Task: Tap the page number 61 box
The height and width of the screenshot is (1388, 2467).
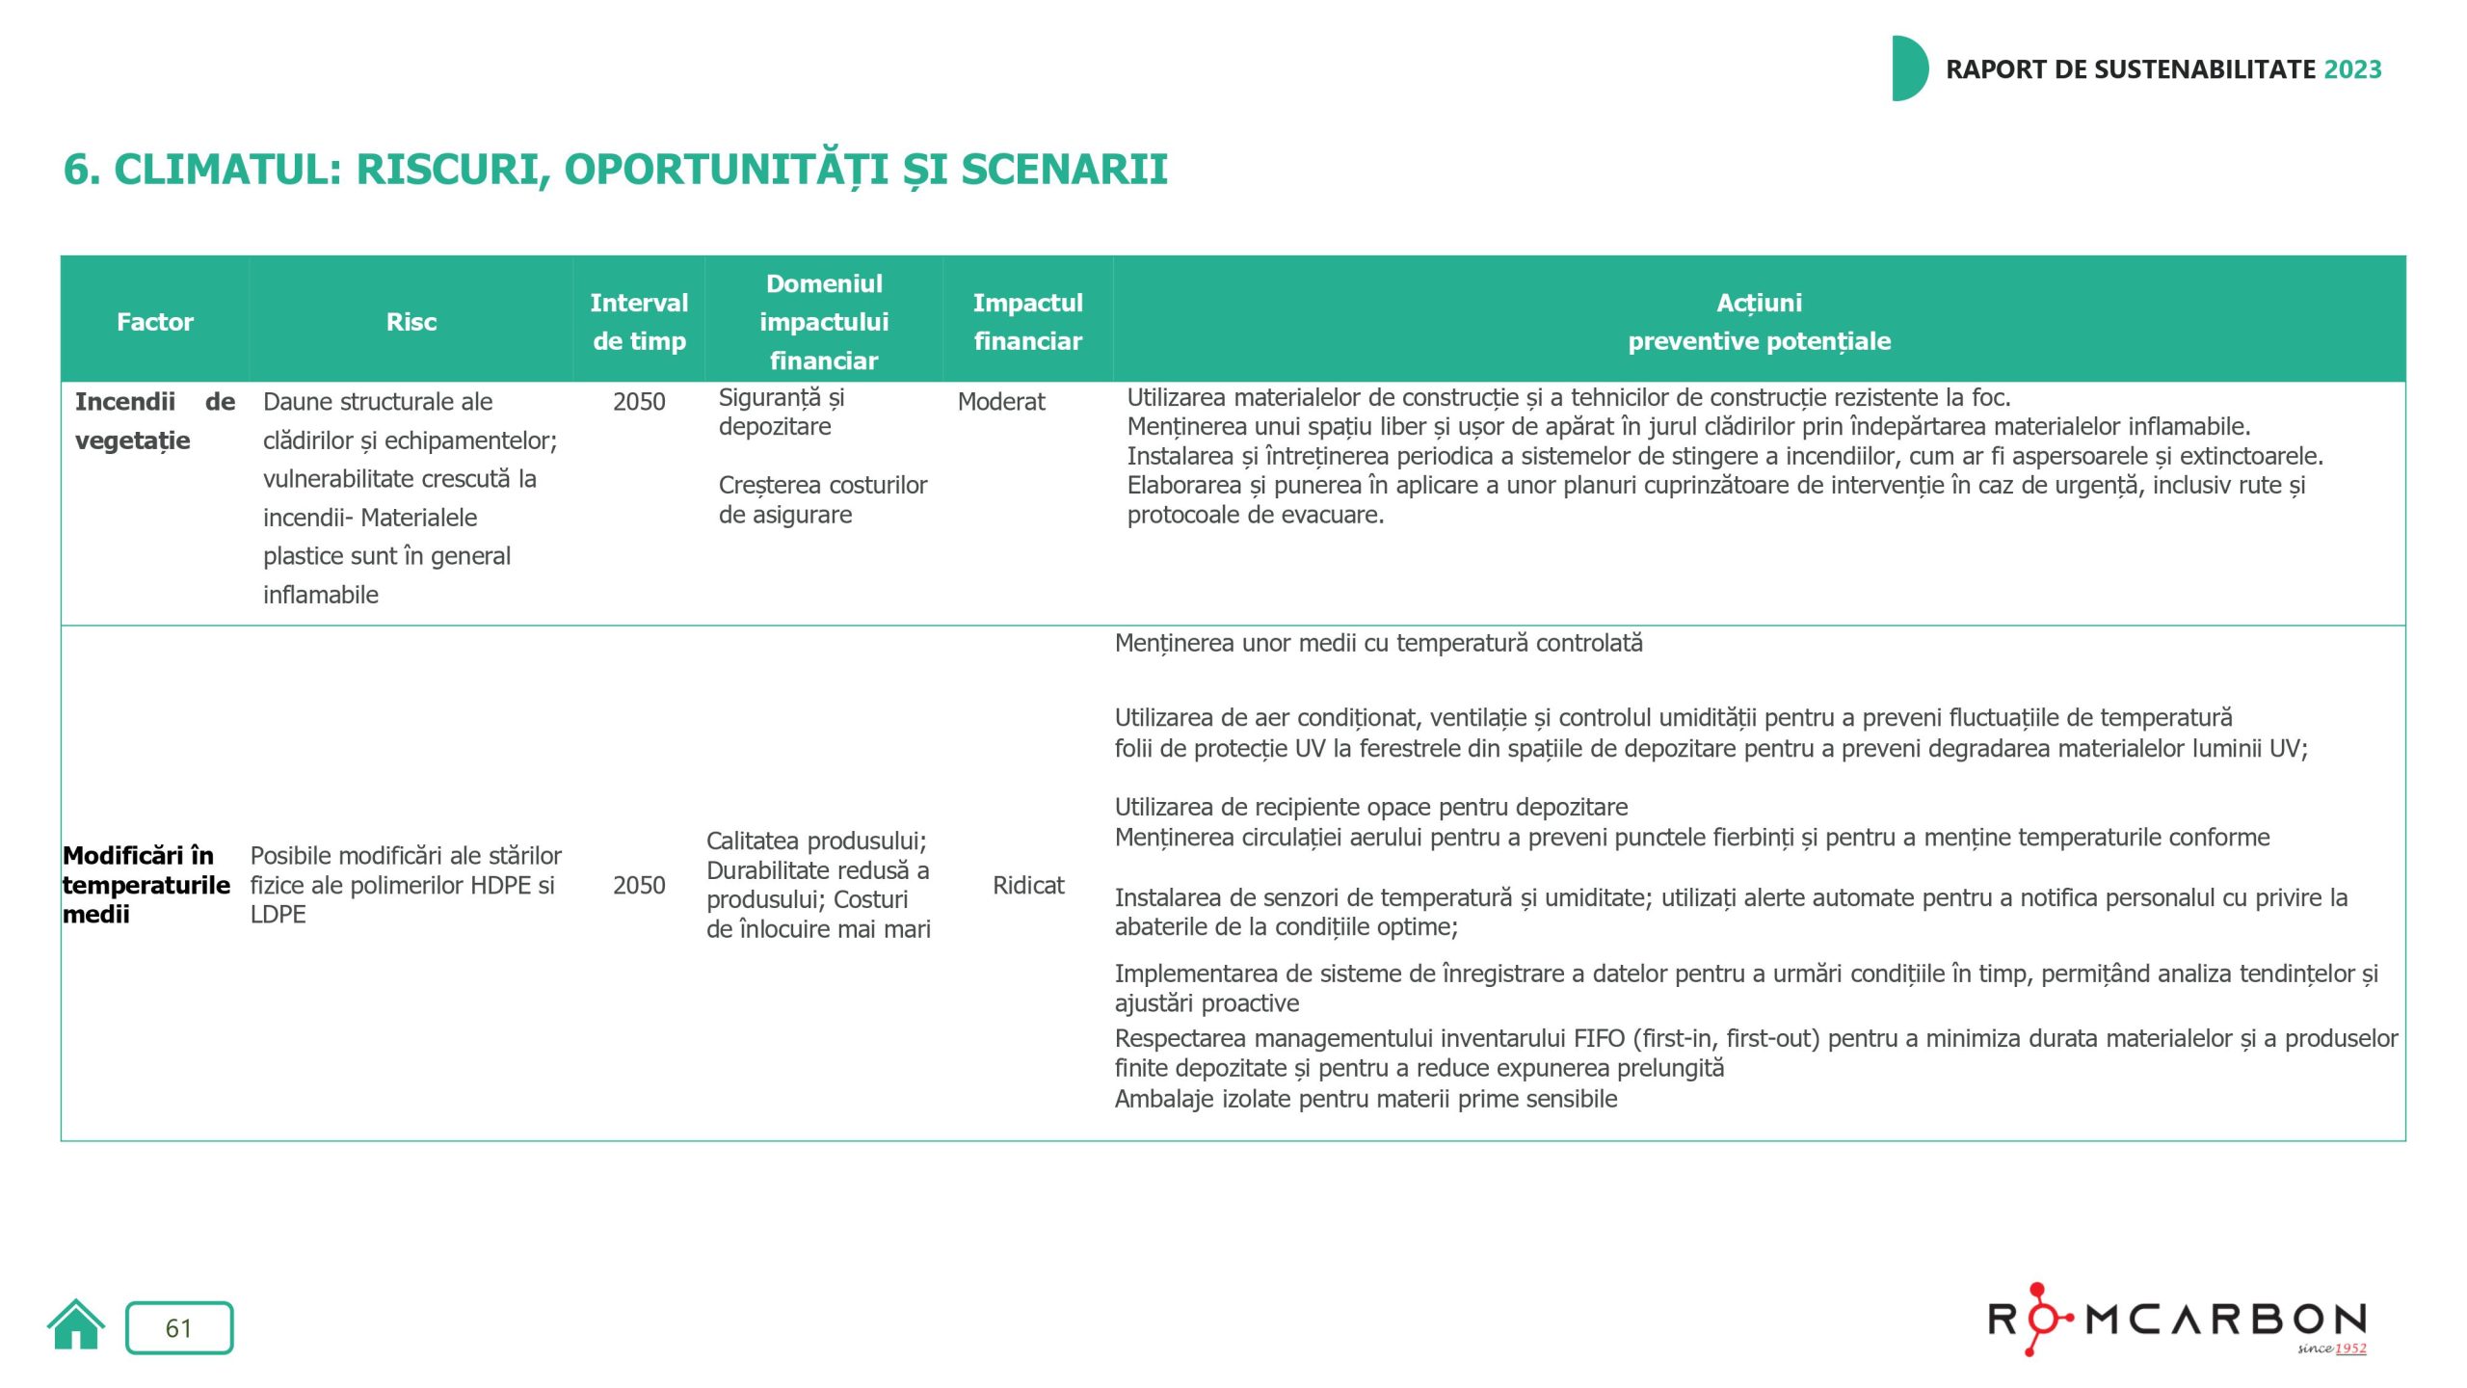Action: (179, 1327)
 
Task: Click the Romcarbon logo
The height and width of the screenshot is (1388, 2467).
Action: (2177, 1320)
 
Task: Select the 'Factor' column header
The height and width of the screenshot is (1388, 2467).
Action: (155, 322)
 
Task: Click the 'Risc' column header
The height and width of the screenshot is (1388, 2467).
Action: (411, 322)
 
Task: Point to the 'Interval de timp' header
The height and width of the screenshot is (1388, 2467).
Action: (639, 322)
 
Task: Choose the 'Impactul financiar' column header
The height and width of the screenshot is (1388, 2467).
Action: (1027, 322)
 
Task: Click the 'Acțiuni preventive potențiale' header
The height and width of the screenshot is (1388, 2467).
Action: (1759, 322)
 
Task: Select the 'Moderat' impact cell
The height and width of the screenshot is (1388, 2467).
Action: (1001, 402)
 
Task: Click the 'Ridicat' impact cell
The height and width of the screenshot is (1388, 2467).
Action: (1028, 885)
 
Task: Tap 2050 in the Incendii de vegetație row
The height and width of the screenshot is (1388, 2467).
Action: (639, 402)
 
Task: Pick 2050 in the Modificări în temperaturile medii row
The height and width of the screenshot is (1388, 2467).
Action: (639, 885)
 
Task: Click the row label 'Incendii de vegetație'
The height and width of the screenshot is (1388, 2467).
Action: (154, 421)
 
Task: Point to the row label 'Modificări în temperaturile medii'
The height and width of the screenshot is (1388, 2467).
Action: (146, 885)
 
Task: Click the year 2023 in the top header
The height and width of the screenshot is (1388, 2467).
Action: (2352, 69)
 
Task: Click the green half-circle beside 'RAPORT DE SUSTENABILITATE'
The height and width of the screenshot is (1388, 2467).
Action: (1907, 68)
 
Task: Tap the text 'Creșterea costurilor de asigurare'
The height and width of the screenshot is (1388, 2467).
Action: (822, 499)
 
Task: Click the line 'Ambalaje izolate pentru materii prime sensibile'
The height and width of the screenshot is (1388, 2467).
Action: (1366, 1099)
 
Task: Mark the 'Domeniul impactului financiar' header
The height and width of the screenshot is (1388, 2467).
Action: (824, 322)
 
